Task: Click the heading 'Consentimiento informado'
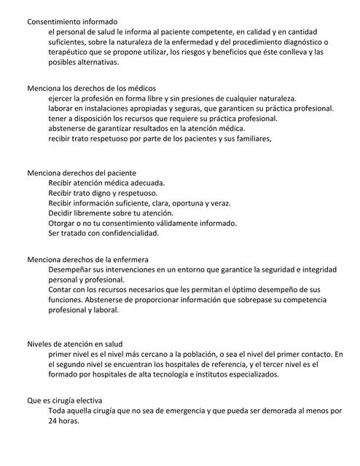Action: click(72, 22)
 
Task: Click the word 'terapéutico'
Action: click(69, 52)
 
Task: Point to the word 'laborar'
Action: click(62, 108)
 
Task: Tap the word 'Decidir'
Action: click(63, 213)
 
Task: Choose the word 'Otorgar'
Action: click(64, 224)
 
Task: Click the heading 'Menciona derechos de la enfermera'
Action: click(87, 258)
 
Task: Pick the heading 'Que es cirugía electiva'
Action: click(65, 400)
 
